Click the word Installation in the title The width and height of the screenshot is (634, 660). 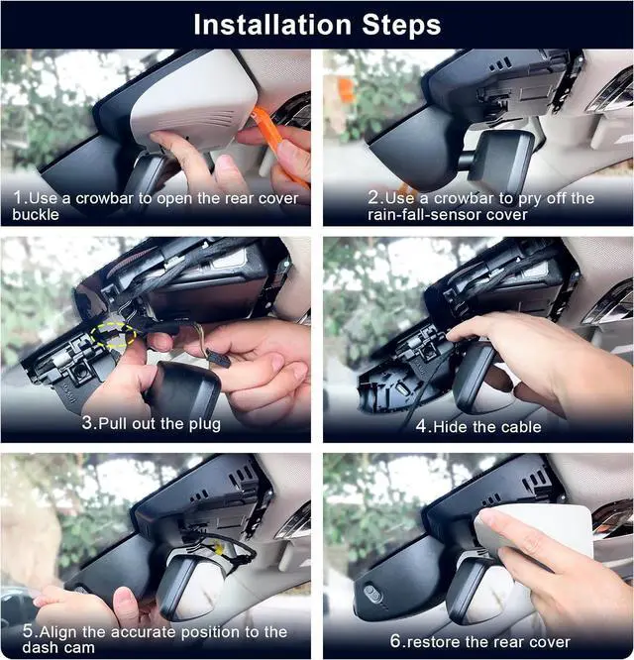point(272,25)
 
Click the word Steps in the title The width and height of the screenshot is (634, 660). point(401,26)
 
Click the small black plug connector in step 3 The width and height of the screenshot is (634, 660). point(218,359)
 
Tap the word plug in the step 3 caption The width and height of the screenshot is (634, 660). point(204,424)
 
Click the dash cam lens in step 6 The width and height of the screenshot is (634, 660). point(371,593)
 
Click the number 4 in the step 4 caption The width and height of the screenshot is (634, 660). point(422,426)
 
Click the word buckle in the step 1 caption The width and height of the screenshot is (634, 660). point(36,215)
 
